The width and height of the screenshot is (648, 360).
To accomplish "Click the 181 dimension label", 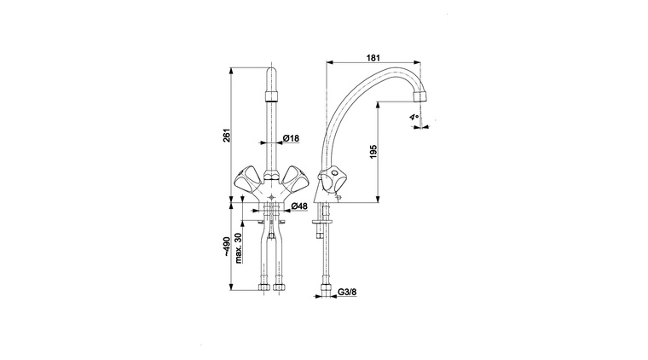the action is pyautogui.click(x=373, y=58).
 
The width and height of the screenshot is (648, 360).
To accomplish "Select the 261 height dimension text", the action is pyautogui.click(x=227, y=136).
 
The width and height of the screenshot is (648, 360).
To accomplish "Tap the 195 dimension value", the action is pyautogui.click(x=374, y=152).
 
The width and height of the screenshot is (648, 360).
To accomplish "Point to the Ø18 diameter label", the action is pyautogui.click(x=291, y=138).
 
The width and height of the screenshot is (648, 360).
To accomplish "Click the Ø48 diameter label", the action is pyautogui.click(x=299, y=206).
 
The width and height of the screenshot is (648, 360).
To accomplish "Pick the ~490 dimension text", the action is pyautogui.click(x=227, y=247).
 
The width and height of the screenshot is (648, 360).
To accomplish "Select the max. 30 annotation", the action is pyautogui.click(x=239, y=248).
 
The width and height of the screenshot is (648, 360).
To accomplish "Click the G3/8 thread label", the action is pyautogui.click(x=347, y=292).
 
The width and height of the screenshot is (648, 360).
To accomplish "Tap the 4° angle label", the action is pyautogui.click(x=414, y=118).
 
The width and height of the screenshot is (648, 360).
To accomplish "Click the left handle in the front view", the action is pyautogui.click(x=246, y=177).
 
